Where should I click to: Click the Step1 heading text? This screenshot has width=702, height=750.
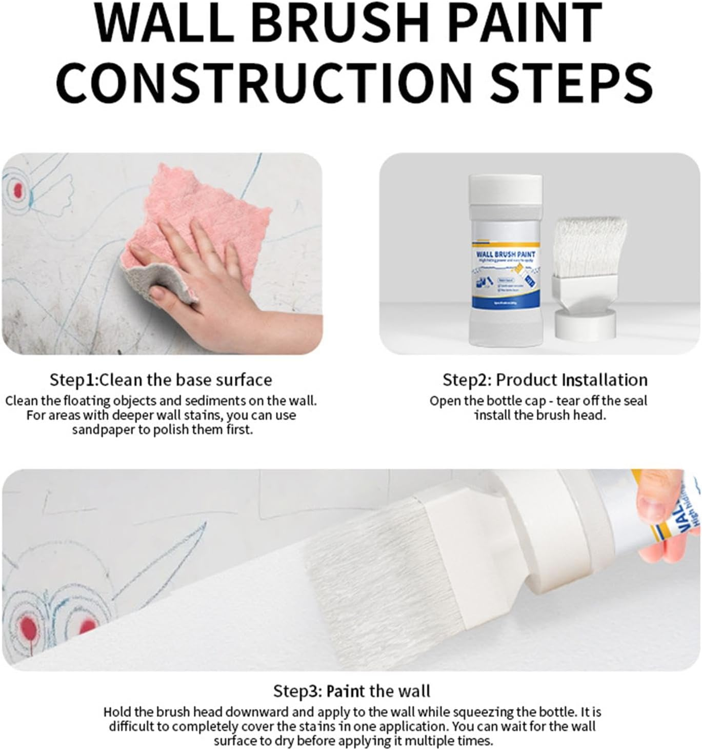click(161, 380)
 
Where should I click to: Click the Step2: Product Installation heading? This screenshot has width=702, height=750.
click(545, 380)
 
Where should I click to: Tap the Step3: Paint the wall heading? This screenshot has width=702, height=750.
click(351, 691)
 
